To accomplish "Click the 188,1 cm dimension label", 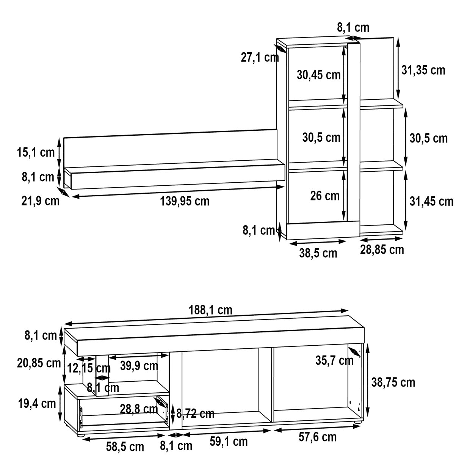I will pyautogui.click(x=210, y=310).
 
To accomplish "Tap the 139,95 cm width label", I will pyautogui.click(x=185, y=201).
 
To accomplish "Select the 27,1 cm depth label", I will pyautogui.click(x=260, y=57).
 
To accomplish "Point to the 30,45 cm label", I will pyautogui.click(x=318, y=75).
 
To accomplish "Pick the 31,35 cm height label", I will pyautogui.click(x=423, y=70).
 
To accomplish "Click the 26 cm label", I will pyautogui.click(x=325, y=196).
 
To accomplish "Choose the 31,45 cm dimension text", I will pyautogui.click(x=431, y=201).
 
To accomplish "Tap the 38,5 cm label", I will pyautogui.click(x=318, y=253).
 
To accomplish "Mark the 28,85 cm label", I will pyautogui.click(x=382, y=250).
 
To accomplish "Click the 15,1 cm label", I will pyautogui.click(x=36, y=152).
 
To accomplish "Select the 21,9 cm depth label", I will pyautogui.click(x=41, y=201).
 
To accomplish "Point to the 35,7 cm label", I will pyautogui.click(x=334, y=360).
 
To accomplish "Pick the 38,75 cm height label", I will pyautogui.click(x=393, y=382).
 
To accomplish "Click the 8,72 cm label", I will pyautogui.click(x=196, y=413).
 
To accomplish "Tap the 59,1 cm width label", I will pyautogui.click(x=229, y=442).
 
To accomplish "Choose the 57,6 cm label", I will pyautogui.click(x=318, y=437).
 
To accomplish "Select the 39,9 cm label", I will pyautogui.click(x=139, y=366).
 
